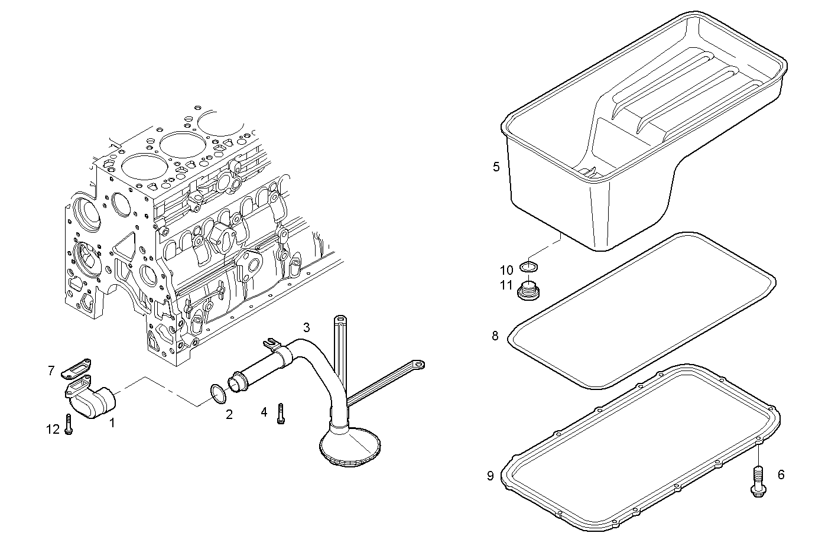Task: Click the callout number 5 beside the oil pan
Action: point(496,167)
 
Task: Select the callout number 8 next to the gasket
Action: point(495,336)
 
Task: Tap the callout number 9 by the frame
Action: point(490,476)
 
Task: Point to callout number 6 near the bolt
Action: point(781,474)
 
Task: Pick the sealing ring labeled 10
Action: point(528,267)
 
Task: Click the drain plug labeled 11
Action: point(528,291)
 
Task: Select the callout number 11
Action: point(505,286)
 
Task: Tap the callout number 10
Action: point(506,271)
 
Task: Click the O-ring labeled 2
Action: point(217,394)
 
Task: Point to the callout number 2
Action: point(229,415)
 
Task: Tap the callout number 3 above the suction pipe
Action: point(306,327)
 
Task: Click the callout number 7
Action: point(51,371)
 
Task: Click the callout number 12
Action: point(53,429)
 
